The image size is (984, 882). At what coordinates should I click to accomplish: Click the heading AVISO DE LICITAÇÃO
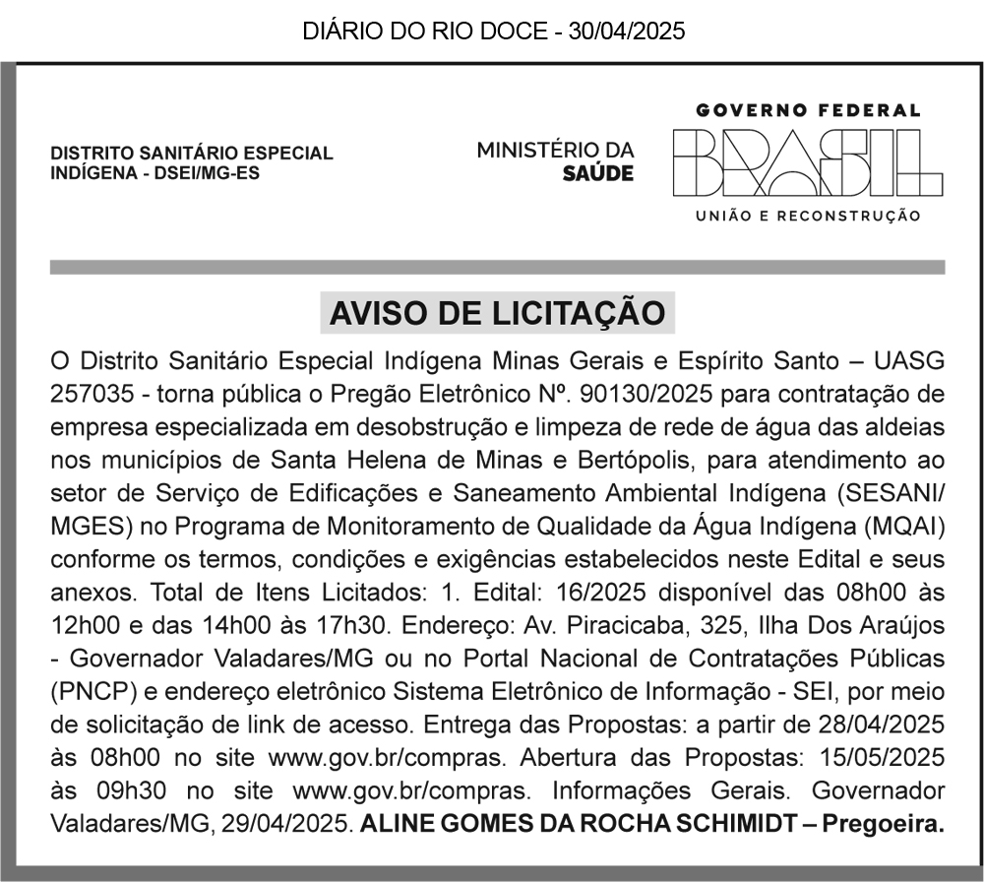497,314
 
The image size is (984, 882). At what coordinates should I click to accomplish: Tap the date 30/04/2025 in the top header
626,31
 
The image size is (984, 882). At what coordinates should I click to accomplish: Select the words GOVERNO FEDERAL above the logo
808,111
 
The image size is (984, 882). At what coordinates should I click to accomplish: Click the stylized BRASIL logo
808,163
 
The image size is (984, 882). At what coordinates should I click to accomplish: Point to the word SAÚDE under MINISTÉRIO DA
598,173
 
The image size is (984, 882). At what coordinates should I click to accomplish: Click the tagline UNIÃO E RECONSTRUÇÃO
808,216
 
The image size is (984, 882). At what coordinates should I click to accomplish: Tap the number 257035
90,395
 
